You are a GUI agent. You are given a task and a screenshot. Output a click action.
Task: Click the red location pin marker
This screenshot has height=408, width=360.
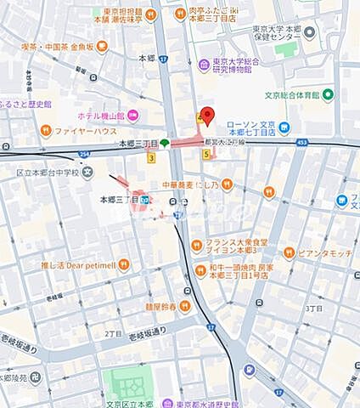pyautogui.click(x=205, y=117)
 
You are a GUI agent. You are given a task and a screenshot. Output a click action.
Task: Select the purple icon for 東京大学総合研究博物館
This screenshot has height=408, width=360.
pyautogui.click(x=204, y=65)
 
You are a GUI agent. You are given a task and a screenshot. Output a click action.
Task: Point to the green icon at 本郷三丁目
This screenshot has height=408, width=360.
pyautogui.click(x=165, y=143)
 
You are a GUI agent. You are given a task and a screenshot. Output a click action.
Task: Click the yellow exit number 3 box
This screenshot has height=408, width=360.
pyautogui.click(x=151, y=157)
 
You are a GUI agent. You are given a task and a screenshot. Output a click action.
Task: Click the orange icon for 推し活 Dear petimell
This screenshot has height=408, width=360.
pyautogui.click(x=125, y=263)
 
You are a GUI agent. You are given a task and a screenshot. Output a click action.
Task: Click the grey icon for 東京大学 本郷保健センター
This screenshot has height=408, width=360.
pyautogui.click(x=309, y=33)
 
